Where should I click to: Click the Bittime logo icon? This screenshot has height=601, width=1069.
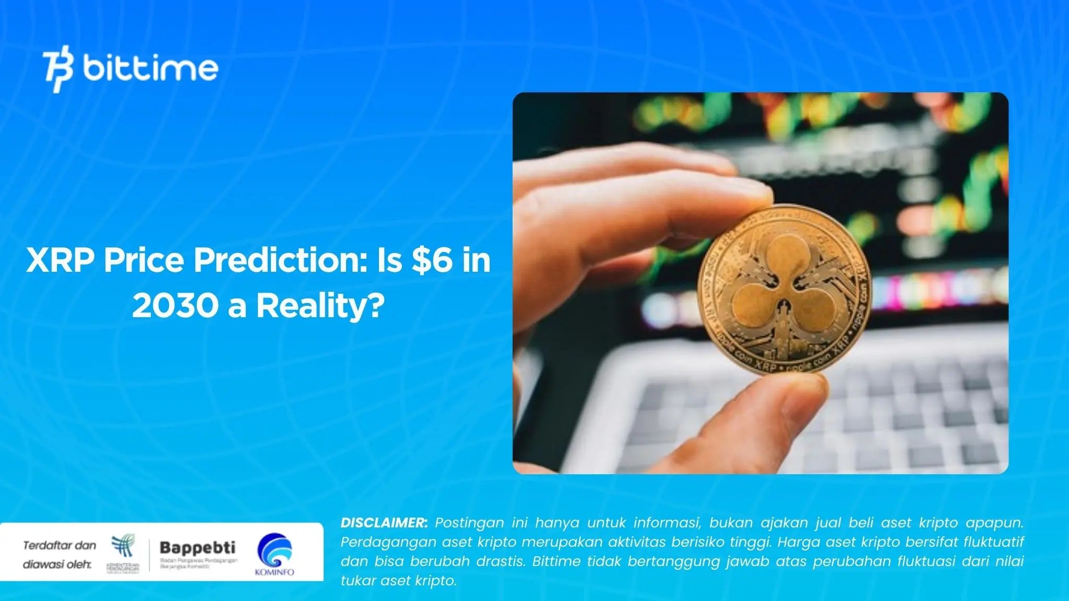(x=58, y=71)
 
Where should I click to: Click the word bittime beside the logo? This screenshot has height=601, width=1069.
(x=150, y=68)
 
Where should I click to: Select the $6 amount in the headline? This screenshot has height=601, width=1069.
(x=432, y=260)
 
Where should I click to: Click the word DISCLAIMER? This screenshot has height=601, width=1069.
(x=384, y=523)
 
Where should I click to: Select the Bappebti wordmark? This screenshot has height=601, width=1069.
(x=197, y=548)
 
